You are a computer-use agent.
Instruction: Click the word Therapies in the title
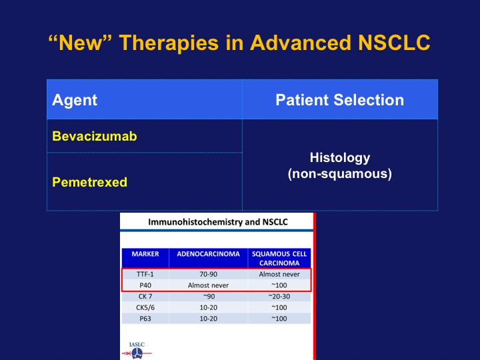tap(169, 43)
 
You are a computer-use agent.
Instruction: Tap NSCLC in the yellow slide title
tap(394, 42)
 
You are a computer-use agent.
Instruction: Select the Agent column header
tap(75, 100)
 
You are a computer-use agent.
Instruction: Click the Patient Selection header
tap(340, 100)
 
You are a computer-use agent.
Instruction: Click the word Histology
tap(340, 158)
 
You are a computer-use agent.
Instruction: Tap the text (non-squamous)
tap(340, 174)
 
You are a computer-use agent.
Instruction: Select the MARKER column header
tap(145, 254)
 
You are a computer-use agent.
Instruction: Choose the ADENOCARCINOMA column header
tap(208, 254)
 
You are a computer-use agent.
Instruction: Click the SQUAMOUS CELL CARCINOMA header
tap(279, 259)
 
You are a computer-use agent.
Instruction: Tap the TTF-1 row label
tap(145, 274)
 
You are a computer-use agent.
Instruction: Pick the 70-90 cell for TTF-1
tap(208, 274)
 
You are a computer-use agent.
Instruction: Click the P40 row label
tap(145, 285)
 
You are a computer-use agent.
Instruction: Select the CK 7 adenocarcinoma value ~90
tap(209, 296)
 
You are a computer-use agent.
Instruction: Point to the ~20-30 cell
tap(279, 296)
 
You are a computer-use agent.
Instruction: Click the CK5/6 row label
tap(145, 307)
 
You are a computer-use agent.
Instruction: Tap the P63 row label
tap(145, 319)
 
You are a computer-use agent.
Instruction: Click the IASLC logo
tap(137, 351)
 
